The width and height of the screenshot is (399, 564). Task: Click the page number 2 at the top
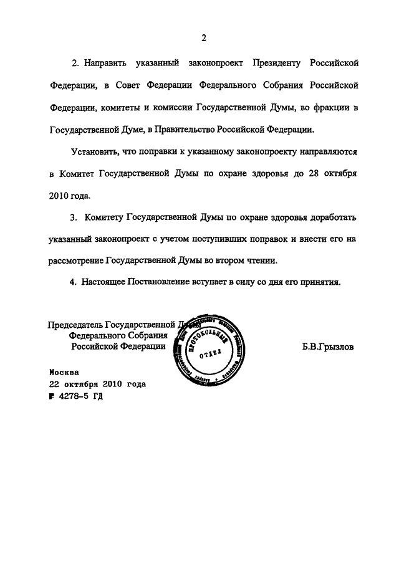(203, 39)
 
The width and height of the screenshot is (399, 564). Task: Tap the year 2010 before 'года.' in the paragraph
(59, 195)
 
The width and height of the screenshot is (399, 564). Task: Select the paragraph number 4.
(72, 282)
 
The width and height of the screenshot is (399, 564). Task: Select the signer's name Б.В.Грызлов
(327, 348)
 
